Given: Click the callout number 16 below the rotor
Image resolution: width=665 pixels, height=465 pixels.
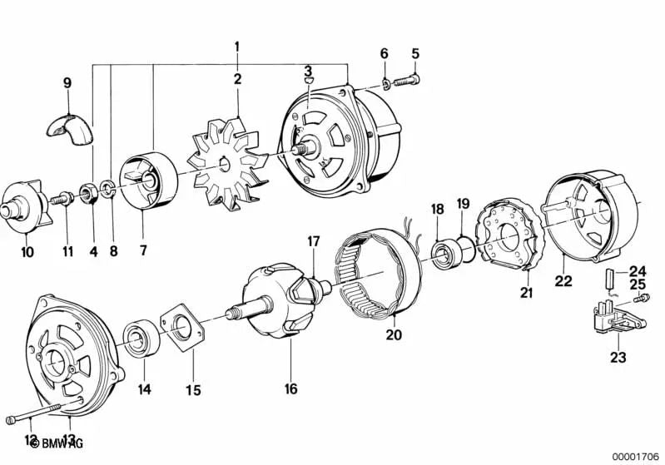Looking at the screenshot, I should coord(290,388).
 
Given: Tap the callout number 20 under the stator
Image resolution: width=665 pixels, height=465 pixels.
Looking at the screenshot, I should coord(394,335).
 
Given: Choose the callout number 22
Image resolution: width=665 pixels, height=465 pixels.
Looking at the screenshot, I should coord(563,282).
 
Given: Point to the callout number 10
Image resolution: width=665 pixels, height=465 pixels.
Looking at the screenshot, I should coord(27,251).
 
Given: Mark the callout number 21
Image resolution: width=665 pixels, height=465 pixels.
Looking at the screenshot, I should coord(526,291).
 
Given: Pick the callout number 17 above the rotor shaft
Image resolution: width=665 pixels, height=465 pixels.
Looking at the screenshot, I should coord(313,242).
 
